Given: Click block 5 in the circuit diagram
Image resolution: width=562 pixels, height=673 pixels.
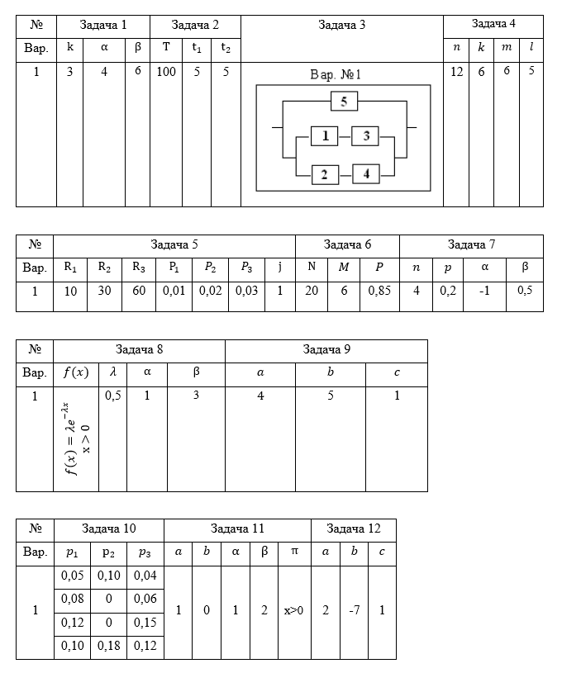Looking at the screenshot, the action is pyautogui.click(x=344, y=102).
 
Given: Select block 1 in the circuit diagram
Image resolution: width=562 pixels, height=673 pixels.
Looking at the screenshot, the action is pyautogui.click(x=325, y=136).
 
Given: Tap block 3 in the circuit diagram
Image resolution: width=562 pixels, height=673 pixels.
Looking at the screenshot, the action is pyautogui.click(x=365, y=136).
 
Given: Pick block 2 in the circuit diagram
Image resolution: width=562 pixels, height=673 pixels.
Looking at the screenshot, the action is pyautogui.click(x=325, y=174).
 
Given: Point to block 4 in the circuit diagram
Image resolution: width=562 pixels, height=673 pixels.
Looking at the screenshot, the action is pyautogui.click(x=366, y=174).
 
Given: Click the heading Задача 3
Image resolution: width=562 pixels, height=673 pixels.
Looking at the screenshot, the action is pyautogui.click(x=341, y=26).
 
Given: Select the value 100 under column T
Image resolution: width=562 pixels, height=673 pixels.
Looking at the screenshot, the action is pyautogui.click(x=166, y=71).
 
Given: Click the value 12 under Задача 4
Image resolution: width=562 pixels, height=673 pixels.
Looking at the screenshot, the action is pyautogui.click(x=456, y=71).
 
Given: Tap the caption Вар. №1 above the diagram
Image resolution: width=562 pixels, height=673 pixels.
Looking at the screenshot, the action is pyautogui.click(x=336, y=74).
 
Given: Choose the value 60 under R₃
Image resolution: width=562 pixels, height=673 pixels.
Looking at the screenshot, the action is pyautogui.click(x=139, y=291).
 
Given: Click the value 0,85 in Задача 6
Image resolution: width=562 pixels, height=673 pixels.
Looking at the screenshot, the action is pyautogui.click(x=379, y=291).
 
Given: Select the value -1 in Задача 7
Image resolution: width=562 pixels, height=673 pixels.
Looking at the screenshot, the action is pyautogui.click(x=484, y=291).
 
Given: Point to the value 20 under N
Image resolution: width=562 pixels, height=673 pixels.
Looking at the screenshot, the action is pyautogui.click(x=312, y=291).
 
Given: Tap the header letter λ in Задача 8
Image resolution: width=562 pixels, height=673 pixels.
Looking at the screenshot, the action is pyautogui.click(x=112, y=372).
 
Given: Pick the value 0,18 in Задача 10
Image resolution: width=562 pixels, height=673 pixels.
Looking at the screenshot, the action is pyautogui.click(x=109, y=646).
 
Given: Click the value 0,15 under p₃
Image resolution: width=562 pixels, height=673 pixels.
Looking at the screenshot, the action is pyautogui.click(x=145, y=623).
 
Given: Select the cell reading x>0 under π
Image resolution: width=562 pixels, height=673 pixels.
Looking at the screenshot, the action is pyautogui.click(x=294, y=610).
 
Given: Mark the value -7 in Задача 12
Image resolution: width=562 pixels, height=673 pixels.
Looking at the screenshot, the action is pyautogui.click(x=354, y=610).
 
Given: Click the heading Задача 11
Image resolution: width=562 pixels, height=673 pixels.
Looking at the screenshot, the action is pyautogui.click(x=237, y=528).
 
